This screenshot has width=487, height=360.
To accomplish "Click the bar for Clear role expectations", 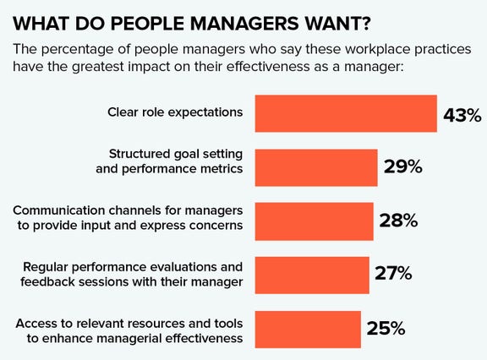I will (346, 112).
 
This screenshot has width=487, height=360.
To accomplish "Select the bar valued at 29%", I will (316, 166).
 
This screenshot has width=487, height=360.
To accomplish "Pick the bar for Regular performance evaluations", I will (312, 274).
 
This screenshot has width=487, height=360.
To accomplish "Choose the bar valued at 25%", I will (308, 328).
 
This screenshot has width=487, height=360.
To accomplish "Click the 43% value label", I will (462, 114).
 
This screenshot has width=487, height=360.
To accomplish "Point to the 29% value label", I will (402, 167).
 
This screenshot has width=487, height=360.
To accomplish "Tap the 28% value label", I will (398, 221).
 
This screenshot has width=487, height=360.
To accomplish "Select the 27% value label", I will (393, 275).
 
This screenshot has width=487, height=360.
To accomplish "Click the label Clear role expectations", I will (176, 112).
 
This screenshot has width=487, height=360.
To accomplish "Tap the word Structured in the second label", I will (140, 153).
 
